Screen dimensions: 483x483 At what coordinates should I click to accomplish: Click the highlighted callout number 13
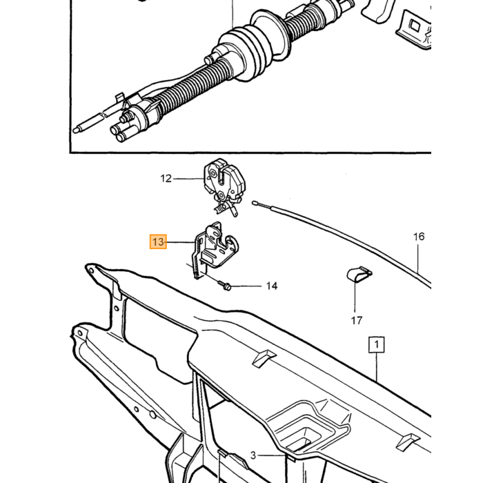tap(158, 241)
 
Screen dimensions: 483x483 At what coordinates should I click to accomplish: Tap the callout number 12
tap(166, 178)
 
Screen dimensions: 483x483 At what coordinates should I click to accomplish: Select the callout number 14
tap(272, 286)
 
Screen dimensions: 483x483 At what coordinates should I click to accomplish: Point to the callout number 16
tap(419, 237)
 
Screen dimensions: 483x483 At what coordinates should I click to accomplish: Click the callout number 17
tap(357, 320)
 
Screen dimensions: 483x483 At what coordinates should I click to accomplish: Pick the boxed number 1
tap(377, 344)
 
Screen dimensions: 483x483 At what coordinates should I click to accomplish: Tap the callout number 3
tap(253, 455)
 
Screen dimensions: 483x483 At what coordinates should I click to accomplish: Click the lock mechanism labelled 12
tap(224, 185)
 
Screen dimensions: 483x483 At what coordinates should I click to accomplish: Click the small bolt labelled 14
tap(225, 285)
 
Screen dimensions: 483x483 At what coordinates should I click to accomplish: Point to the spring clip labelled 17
tap(359, 274)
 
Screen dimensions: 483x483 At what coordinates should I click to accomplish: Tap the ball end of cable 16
tap(255, 203)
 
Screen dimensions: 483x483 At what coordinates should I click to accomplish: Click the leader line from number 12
tap(189, 179)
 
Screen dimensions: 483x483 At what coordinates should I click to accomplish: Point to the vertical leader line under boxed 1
tap(377, 366)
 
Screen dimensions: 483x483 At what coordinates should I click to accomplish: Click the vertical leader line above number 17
tap(355, 297)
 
